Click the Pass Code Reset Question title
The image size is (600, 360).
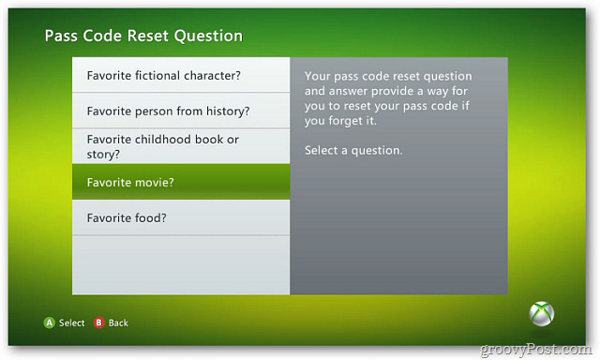tap(143, 36)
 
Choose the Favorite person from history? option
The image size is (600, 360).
tap(168, 111)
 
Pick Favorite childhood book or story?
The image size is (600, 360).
tap(162, 146)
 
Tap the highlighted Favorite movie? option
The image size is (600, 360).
tap(130, 182)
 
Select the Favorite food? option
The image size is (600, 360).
tap(126, 217)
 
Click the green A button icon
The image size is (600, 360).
tap(50, 322)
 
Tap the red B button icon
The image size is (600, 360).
tap(98, 322)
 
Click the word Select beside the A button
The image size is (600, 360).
tap(71, 322)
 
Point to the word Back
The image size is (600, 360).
tap(118, 322)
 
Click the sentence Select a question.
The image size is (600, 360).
tap(353, 150)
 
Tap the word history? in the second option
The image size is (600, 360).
tap(227, 111)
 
